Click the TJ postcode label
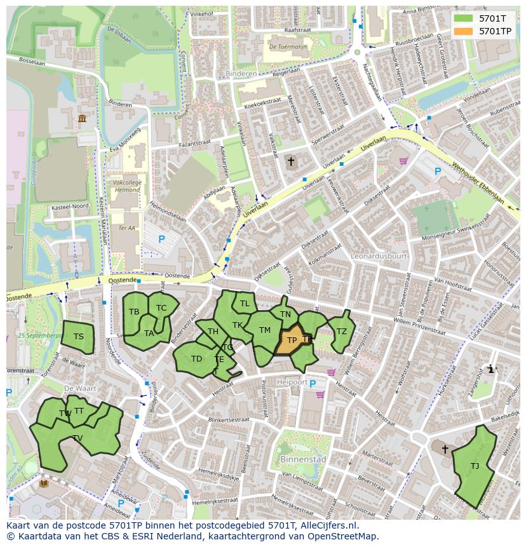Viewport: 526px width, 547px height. click(475, 466)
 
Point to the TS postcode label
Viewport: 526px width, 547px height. click(78, 337)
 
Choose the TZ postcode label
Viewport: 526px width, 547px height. click(342, 331)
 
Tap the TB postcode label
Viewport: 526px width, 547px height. click(134, 312)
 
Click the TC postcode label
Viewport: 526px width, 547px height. click(161, 308)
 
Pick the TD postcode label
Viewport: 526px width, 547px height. click(196, 359)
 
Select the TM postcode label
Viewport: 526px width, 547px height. click(265, 330)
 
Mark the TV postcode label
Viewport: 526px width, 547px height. click(78, 438)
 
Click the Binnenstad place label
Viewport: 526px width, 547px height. click(302, 459)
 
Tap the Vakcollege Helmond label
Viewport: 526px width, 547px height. click(126, 186)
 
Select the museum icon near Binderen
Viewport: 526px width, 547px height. click(83, 119)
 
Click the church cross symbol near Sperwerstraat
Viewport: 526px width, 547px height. click(291, 161)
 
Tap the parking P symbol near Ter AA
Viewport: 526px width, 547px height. click(161, 240)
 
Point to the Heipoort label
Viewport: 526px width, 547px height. click(292, 382)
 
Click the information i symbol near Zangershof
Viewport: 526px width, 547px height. click(490, 369)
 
